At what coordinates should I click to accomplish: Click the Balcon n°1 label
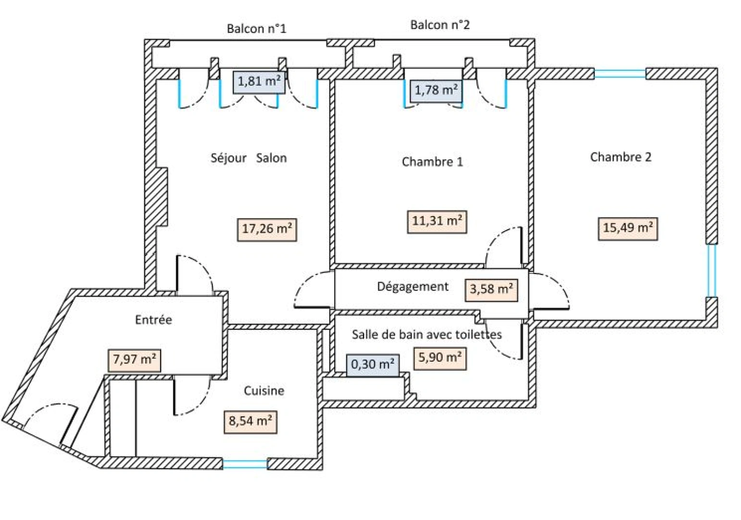256,29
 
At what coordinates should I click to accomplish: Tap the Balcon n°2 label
440,25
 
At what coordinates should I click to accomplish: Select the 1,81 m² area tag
259,82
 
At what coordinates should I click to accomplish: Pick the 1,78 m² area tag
436,91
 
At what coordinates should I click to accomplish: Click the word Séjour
228,158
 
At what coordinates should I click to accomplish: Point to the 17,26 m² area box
267,230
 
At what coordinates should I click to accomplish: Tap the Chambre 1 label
432,162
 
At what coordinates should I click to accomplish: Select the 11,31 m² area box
437,221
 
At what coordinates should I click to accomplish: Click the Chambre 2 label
621,157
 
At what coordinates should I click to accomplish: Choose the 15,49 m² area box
628,229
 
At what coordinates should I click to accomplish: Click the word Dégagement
413,287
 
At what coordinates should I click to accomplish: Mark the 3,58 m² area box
491,290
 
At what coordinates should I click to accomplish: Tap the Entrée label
153,320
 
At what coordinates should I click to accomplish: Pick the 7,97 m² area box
134,360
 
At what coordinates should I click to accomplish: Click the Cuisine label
264,391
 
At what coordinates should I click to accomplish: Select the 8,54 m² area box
251,422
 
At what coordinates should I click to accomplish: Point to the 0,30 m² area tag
373,365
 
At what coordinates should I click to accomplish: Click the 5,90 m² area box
440,358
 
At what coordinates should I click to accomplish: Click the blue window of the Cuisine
245,464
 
